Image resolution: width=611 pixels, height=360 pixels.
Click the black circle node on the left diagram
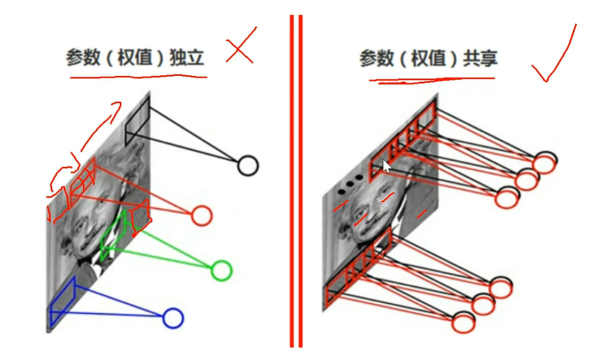[x=247, y=165]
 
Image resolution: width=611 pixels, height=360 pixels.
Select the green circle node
[x=221, y=270]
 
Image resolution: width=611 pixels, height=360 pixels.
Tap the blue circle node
[x=173, y=318]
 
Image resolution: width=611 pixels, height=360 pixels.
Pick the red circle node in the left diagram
[x=201, y=215]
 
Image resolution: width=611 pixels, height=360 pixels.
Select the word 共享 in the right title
[x=480, y=59]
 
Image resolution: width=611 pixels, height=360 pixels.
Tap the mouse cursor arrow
[x=387, y=166]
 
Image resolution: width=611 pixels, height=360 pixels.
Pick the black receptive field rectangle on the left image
[x=137, y=122]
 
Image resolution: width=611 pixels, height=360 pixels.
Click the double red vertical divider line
[x=296, y=181]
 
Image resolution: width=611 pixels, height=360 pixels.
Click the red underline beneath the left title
[x=138, y=77]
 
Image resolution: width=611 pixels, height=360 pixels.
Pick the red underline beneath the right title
[x=432, y=79]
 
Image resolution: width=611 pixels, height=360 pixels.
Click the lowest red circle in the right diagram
[x=462, y=322]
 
